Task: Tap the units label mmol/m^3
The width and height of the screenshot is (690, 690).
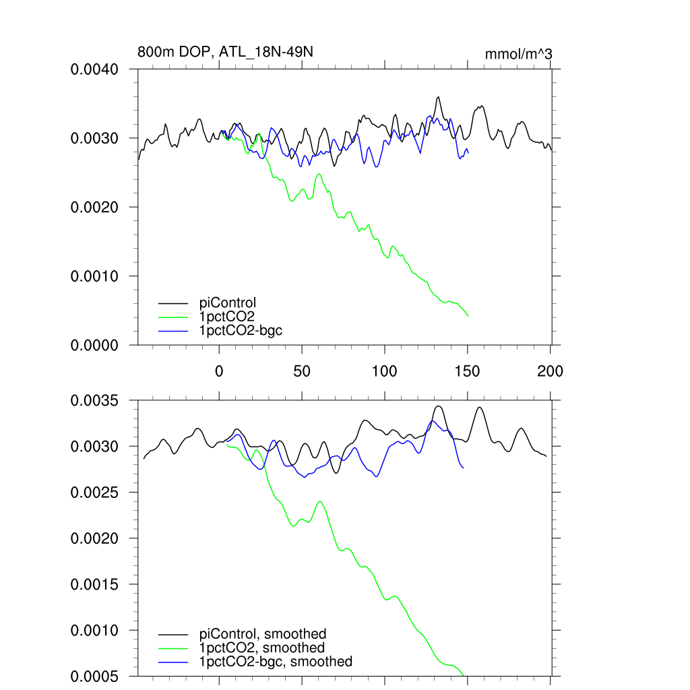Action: (x=519, y=53)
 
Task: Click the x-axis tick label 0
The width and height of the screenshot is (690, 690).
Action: (x=219, y=371)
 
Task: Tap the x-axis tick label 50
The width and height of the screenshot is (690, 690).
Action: (x=302, y=371)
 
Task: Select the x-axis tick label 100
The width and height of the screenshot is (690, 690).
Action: (x=384, y=371)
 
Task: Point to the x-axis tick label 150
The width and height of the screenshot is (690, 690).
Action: (x=467, y=371)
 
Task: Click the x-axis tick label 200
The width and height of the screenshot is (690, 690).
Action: (x=550, y=371)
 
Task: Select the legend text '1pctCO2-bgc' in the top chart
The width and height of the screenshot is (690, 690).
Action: (x=237, y=330)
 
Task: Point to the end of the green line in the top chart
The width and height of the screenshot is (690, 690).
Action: (x=468, y=315)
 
